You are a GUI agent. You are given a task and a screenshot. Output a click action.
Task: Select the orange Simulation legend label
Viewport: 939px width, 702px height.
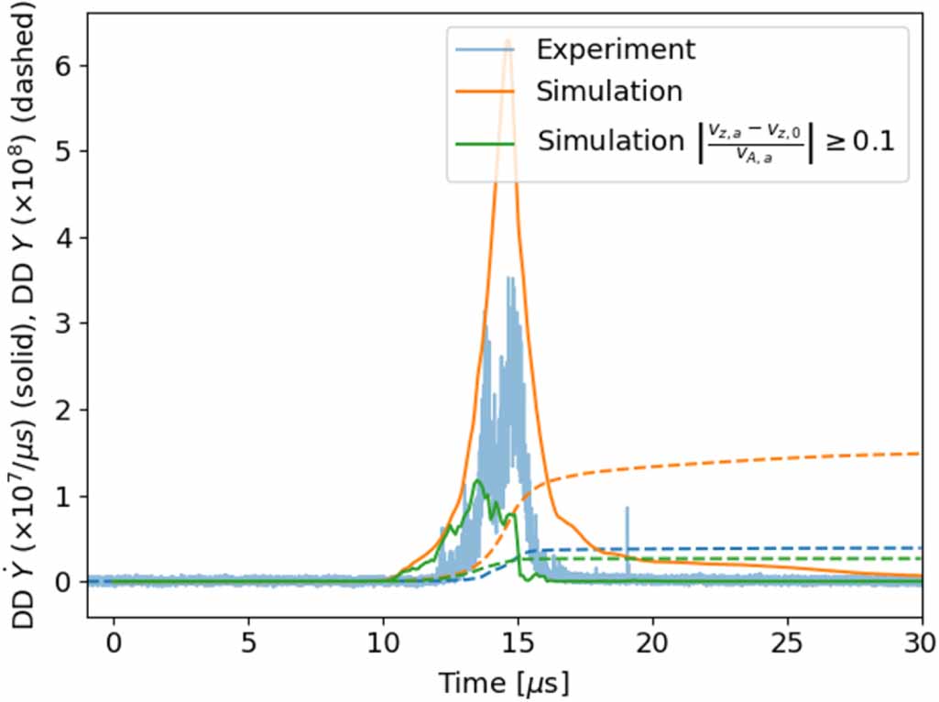click(x=609, y=92)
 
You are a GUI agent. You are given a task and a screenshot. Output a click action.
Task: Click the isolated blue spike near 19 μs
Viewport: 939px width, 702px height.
click(x=628, y=508)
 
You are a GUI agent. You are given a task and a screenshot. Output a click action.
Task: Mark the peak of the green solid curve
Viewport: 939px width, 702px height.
click(x=476, y=480)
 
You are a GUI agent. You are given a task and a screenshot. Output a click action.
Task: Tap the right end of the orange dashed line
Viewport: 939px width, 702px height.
click(x=919, y=454)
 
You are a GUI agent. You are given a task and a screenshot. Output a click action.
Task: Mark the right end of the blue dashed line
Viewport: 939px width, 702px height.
click(x=919, y=548)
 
